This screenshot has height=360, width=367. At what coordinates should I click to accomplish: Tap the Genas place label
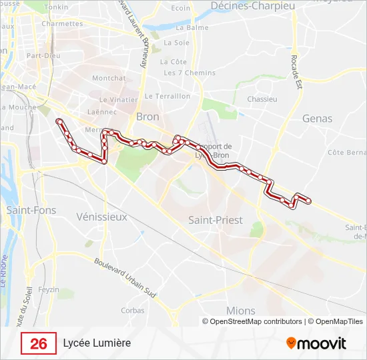(x=318, y=118)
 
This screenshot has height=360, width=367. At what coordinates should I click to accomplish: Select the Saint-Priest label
(x=215, y=219)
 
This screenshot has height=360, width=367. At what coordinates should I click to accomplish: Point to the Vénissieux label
(x=101, y=217)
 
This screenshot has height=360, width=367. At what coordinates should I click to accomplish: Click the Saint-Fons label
(x=31, y=210)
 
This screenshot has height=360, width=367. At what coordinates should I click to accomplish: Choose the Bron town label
(x=147, y=116)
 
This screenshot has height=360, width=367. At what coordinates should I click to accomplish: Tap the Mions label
(x=240, y=311)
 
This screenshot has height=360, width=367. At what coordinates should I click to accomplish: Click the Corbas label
(x=133, y=310)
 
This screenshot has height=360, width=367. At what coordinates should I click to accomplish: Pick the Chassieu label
(x=262, y=99)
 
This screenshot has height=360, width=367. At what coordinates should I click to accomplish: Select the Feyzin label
(x=49, y=289)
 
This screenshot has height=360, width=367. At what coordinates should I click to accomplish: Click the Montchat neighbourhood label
(x=109, y=78)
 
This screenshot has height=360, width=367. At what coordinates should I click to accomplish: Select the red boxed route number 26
(x=39, y=343)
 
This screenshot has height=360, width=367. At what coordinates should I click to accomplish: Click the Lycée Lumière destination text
(x=97, y=343)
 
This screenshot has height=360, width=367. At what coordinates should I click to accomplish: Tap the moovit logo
(x=316, y=343)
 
